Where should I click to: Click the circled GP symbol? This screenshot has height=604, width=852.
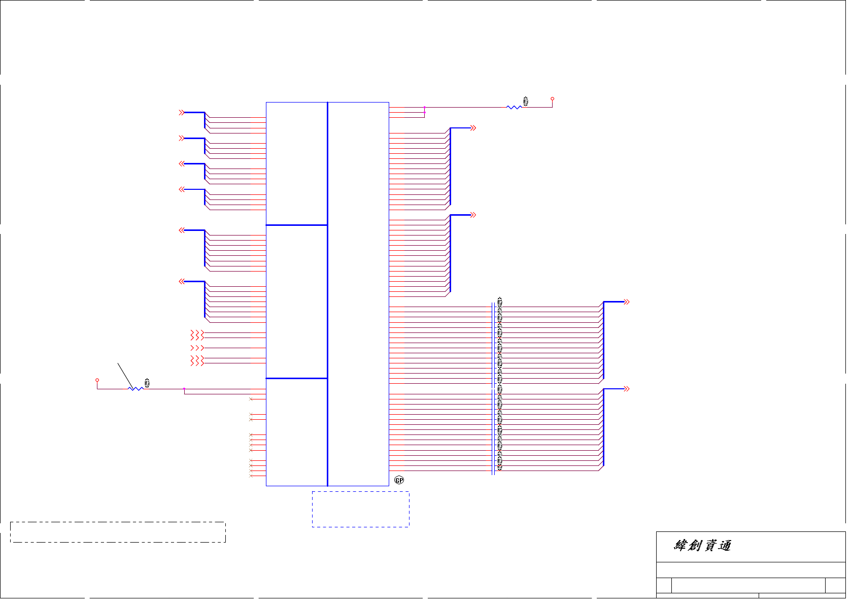pos(399,480)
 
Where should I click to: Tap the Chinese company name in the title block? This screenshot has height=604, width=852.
pos(702,546)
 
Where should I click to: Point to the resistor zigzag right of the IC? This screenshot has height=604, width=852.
pos(514,107)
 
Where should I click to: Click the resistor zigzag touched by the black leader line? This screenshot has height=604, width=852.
pos(135,389)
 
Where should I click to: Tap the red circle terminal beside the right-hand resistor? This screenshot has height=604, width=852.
pos(553,99)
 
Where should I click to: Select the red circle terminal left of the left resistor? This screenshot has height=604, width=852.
pos(97,380)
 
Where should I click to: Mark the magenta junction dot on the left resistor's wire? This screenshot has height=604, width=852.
pos(184,389)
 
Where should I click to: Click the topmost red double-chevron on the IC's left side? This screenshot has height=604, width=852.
pos(181,113)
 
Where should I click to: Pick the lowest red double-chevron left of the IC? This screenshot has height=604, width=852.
pos(181,281)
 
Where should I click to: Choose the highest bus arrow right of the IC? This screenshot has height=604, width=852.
pos(473,128)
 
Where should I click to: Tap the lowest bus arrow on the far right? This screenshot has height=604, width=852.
pos(626,389)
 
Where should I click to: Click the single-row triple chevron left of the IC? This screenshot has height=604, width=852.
pos(197,348)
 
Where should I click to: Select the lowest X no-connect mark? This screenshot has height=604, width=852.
pos(251,476)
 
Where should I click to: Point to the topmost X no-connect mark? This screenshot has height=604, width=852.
pos(251,399)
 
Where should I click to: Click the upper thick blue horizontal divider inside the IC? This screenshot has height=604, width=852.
pos(297,225)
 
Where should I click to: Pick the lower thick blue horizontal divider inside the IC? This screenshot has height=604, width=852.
pos(297,378)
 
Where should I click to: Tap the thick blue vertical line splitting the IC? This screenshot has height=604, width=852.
pos(328,294)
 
